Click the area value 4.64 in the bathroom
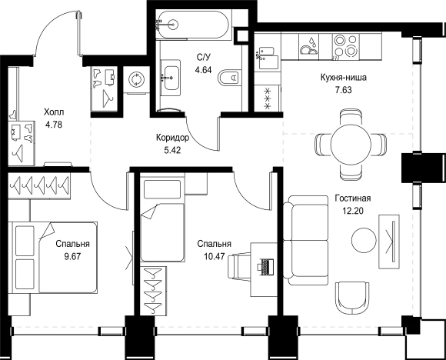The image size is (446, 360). (203, 70)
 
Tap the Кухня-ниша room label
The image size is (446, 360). (343, 77)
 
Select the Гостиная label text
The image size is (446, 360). (353, 198)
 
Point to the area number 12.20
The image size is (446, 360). (353, 211)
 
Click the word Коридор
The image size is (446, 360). (172, 138)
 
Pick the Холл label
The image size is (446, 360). (54, 112)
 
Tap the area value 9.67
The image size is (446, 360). (73, 257)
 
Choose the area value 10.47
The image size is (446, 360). (215, 257)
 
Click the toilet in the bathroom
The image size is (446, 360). (228, 77)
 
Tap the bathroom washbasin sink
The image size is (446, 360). (171, 78)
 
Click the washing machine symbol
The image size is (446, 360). (137, 79)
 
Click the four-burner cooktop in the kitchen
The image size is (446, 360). (345, 47)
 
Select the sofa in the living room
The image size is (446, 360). (306, 241)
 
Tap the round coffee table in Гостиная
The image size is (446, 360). (364, 241)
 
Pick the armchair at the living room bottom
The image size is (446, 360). (352, 298)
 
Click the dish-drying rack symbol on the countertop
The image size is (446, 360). (308, 47)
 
